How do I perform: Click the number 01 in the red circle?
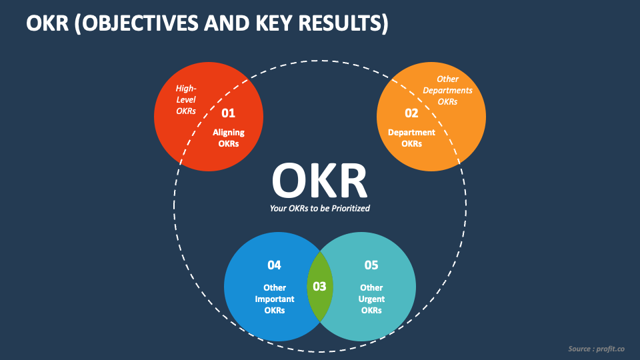229,113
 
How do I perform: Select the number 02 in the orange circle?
411,113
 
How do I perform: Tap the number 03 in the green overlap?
319,286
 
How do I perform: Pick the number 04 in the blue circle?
274,265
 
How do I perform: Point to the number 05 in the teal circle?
371,265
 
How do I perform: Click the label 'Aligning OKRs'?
229,138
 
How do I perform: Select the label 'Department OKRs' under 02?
411,138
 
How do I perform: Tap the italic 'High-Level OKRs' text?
186,99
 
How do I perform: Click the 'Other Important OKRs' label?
274,299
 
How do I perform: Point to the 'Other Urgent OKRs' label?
371,299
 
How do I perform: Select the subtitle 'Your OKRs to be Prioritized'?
319,208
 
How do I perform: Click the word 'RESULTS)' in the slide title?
347,24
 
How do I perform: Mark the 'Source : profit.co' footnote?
596,349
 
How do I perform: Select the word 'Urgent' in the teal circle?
371,299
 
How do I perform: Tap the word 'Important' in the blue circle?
274,299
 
